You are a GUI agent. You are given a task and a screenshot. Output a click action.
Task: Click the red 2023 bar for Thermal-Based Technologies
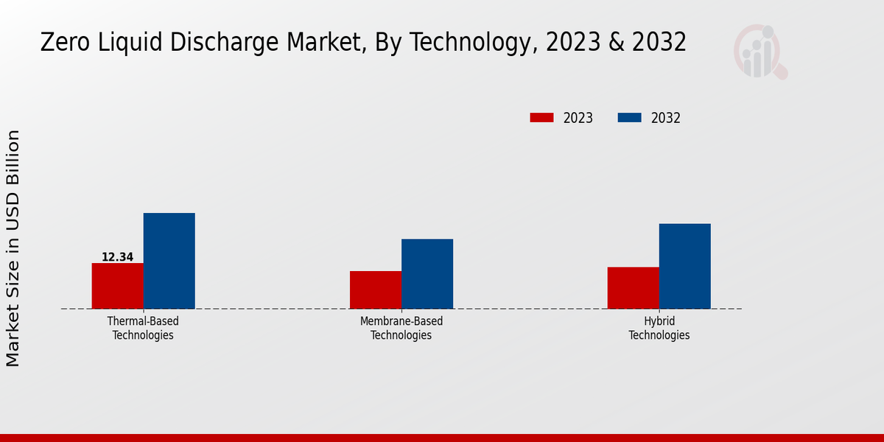(117, 286)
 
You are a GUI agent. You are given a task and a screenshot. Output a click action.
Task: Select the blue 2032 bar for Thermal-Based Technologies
(169, 261)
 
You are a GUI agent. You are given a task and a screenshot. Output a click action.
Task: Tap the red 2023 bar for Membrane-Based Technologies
(376, 290)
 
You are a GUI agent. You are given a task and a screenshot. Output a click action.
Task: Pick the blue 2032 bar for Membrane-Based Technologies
(427, 273)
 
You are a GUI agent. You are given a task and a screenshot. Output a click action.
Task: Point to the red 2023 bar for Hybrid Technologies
(633, 287)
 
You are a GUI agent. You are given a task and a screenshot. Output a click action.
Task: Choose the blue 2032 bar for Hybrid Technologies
(684, 266)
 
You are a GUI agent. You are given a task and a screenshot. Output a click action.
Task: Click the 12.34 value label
(117, 257)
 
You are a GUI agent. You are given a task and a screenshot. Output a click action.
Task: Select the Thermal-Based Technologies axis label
(143, 329)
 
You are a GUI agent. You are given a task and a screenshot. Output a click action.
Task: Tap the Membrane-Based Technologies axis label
(401, 329)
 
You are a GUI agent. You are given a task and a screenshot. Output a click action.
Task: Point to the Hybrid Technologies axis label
(659, 329)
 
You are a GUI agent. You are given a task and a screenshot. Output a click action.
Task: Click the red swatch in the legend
(541, 118)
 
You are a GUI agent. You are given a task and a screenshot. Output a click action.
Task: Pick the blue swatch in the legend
(629, 118)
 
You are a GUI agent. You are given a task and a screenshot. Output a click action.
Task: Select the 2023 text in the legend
(578, 118)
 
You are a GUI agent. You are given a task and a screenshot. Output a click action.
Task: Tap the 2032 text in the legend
(666, 118)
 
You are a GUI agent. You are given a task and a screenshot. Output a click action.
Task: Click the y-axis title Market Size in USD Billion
(13, 248)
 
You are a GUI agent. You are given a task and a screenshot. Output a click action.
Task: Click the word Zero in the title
(61, 43)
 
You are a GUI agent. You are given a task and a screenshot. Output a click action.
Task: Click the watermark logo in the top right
(760, 52)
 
